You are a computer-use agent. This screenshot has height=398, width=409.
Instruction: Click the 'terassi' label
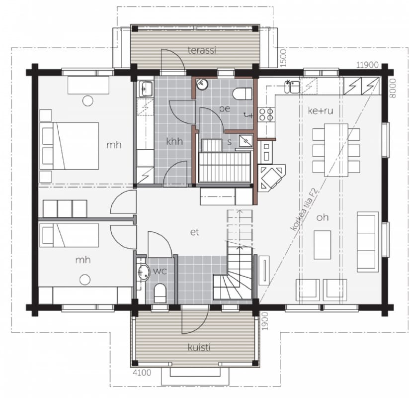(x=202, y=50)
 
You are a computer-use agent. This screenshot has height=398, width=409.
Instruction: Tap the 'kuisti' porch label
(x=199, y=347)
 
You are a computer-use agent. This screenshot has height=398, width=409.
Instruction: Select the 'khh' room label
(x=174, y=142)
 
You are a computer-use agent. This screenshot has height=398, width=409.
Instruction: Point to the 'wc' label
(x=160, y=271)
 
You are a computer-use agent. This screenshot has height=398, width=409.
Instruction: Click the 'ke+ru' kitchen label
(x=321, y=111)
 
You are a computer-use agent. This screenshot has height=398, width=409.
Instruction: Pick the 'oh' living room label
(x=322, y=217)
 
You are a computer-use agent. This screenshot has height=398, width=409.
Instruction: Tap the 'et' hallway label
(x=195, y=232)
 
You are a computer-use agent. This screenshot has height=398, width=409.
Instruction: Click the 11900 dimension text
(x=367, y=65)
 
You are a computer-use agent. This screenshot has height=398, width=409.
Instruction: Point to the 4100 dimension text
(x=142, y=373)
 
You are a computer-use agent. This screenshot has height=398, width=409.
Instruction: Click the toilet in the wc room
(x=160, y=293)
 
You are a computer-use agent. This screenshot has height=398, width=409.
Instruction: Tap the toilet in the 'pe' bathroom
(x=242, y=94)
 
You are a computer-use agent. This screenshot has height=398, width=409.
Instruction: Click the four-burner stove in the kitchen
(x=266, y=114)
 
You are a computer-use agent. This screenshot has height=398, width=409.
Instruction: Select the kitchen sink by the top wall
(x=292, y=87)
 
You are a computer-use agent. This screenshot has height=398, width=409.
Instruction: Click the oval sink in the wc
(x=143, y=273)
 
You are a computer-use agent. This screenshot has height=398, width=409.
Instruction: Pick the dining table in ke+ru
(x=336, y=150)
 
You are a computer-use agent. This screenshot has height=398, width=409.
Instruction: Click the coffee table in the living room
(x=323, y=245)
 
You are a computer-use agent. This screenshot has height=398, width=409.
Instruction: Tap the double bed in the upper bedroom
(x=70, y=146)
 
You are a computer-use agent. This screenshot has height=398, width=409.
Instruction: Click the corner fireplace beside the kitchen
(x=271, y=178)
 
